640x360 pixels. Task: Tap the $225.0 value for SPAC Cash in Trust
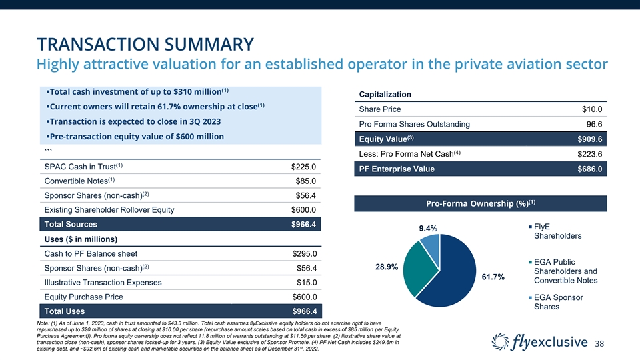303,167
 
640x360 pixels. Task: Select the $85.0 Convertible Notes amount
305,181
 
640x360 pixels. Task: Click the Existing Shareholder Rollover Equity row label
109,211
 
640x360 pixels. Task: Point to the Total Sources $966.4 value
303,225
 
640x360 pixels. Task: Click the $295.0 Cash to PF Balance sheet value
303,253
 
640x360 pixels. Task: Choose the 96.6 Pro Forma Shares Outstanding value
594,125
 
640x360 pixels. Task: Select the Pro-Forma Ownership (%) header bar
481,203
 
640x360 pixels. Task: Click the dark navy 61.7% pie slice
453,280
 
